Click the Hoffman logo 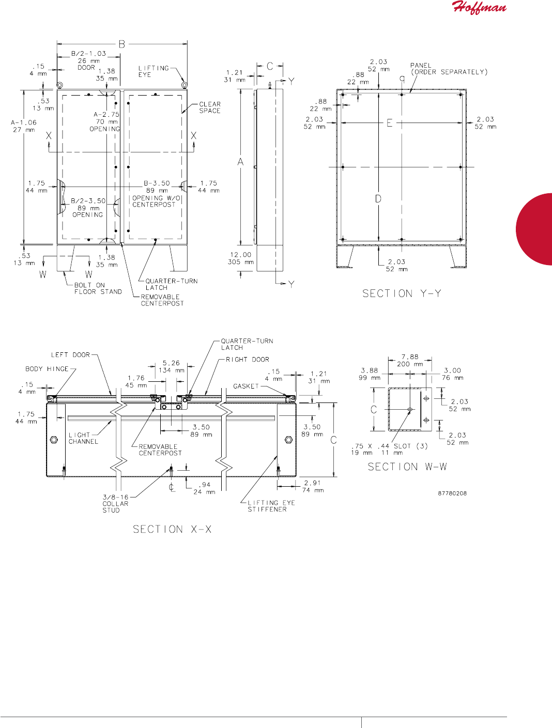click(x=479, y=8)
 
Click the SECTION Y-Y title click(x=402, y=293)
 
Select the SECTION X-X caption click(x=172, y=529)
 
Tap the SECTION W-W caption click(x=407, y=467)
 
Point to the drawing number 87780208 click(x=452, y=493)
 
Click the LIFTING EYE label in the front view click(x=154, y=71)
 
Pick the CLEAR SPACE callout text click(x=210, y=107)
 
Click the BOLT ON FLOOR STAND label click(x=98, y=288)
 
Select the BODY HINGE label click(x=47, y=369)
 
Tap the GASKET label click(x=246, y=386)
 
